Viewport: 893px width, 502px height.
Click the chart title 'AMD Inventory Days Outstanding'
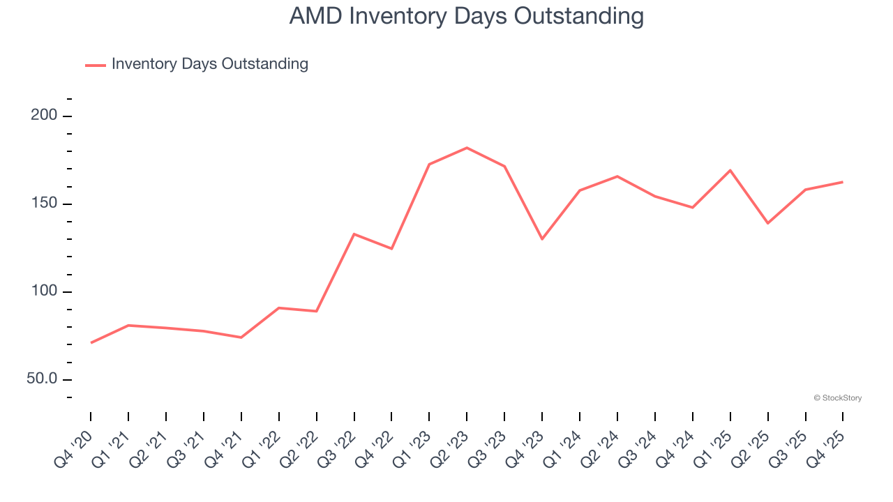[x=466, y=16]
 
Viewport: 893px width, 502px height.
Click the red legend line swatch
[x=96, y=65]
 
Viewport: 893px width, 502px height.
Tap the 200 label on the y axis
[x=44, y=116]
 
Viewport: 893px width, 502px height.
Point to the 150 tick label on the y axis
[x=44, y=204]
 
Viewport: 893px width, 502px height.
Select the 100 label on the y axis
[x=44, y=291]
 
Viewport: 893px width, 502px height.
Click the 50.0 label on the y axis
[x=41, y=379]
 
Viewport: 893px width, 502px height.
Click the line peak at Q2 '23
[x=467, y=148]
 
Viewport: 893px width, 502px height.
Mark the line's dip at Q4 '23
[x=542, y=239]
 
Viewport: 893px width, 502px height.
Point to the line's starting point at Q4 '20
[x=91, y=343]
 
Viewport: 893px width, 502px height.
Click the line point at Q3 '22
[x=354, y=234]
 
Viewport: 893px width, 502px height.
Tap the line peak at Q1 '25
[x=730, y=170]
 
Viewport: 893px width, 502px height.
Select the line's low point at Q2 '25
[x=768, y=223]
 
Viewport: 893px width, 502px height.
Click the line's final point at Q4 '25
[x=843, y=182]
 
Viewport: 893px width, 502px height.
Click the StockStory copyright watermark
[x=837, y=398]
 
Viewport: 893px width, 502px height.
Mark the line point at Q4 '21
[x=241, y=337]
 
